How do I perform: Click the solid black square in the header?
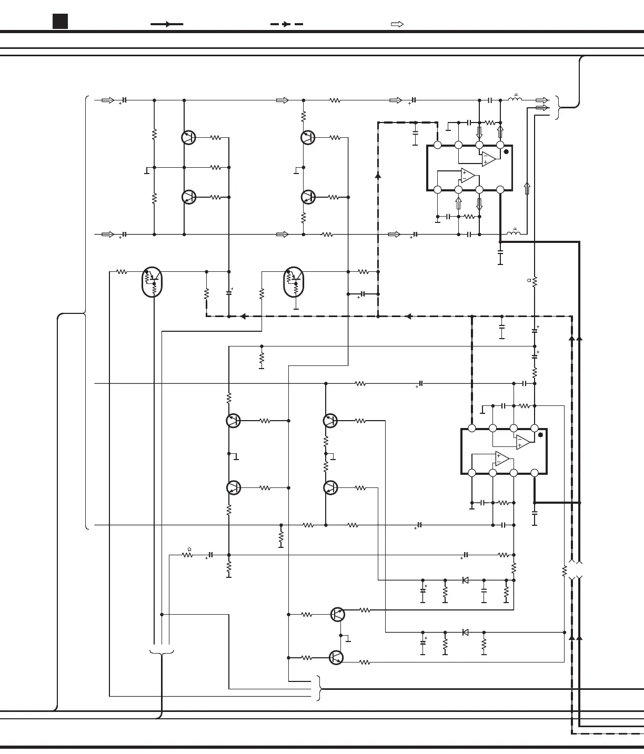coord(61,22)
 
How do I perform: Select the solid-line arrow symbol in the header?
coord(167,24)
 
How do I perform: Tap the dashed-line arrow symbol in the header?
coord(286,24)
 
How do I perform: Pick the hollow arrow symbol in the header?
coord(397,24)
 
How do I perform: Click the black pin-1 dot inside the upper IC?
coord(506,152)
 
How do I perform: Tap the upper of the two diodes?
coord(465,580)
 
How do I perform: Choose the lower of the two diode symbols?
coord(465,632)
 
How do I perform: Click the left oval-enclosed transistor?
coord(152,282)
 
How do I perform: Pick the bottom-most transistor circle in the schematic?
coord(336,657)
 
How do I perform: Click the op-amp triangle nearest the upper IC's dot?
coord(489,159)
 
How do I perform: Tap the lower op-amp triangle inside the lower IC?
coord(502,459)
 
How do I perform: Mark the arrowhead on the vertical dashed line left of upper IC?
coord(378,176)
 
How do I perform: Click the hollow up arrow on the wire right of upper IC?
coord(527,188)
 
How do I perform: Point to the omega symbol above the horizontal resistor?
coord(189,549)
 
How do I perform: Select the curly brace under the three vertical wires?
coord(162,653)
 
